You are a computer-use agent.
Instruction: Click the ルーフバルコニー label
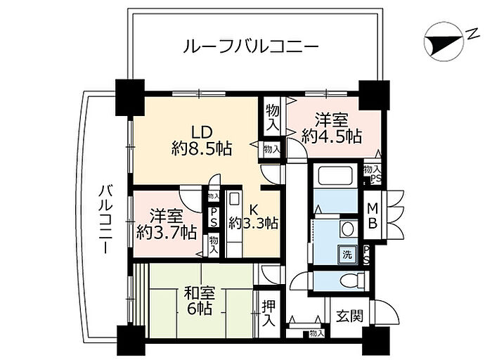251,48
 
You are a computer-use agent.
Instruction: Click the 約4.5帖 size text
332,136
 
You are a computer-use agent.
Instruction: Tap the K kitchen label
255,208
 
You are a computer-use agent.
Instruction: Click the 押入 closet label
268,314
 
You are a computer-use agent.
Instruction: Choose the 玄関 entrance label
348,316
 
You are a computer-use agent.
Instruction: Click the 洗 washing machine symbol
347,252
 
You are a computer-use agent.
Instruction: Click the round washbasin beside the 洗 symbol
346,228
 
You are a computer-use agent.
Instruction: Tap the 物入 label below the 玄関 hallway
316,333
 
